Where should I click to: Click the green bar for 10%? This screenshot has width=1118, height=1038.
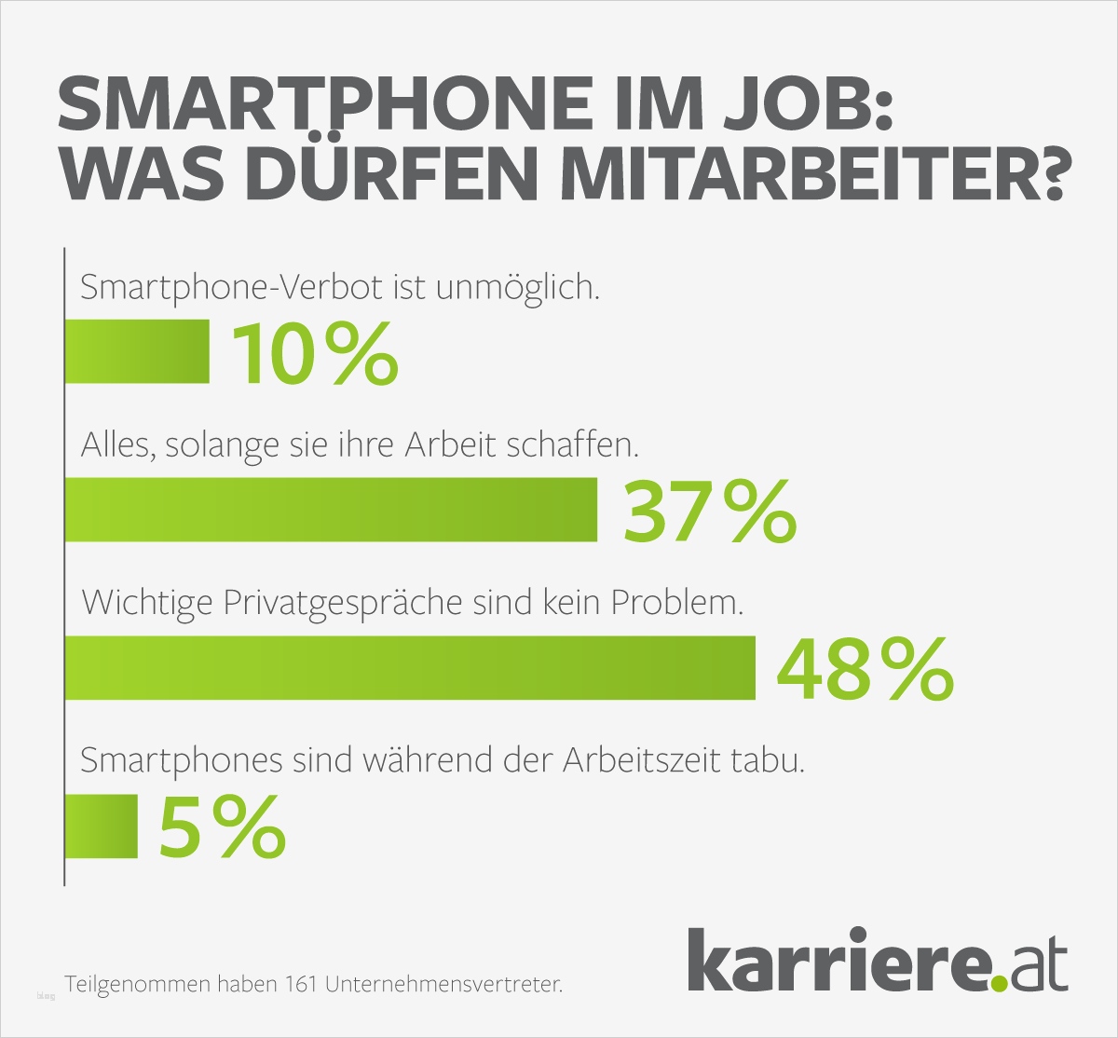click(137, 351)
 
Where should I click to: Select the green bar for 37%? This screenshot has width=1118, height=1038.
click(331, 509)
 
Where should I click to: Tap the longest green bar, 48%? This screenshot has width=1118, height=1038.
click(410, 667)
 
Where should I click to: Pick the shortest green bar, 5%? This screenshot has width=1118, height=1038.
click(102, 826)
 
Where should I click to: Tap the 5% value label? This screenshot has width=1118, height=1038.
click(222, 827)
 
